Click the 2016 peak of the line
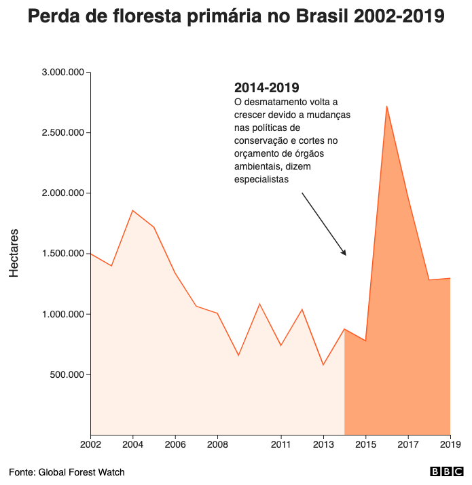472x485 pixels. pyautogui.click(x=386, y=106)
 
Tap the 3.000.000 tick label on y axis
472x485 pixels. pyautogui.click(x=62, y=72)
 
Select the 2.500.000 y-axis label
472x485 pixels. pyautogui.click(x=62, y=132)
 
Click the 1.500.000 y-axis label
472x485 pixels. pyautogui.click(x=62, y=254)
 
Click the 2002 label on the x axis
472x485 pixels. pyautogui.click(x=90, y=445)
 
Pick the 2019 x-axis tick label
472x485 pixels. pyautogui.click(x=450, y=445)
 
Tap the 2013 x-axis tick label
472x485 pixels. pyautogui.click(x=323, y=445)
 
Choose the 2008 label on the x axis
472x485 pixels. pyautogui.click(x=217, y=445)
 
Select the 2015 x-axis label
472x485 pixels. pyautogui.click(x=366, y=445)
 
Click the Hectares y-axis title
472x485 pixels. pyautogui.click(x=14, y=253)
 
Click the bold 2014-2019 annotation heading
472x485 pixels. pyautogui.click(x=267, y=88)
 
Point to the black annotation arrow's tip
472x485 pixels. pyautogui.click(x=346, y=256)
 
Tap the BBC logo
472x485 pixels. pyautogui.click(x=446, y=472)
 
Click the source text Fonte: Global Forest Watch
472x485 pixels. pyautogui.click(x=67, y=472)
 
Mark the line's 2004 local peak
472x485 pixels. pyautogui.click(x=132, y=210)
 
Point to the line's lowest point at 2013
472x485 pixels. pyautogui.click(x=323, y=365)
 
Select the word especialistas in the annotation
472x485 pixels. pyautogui.click(x=261, y=180)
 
